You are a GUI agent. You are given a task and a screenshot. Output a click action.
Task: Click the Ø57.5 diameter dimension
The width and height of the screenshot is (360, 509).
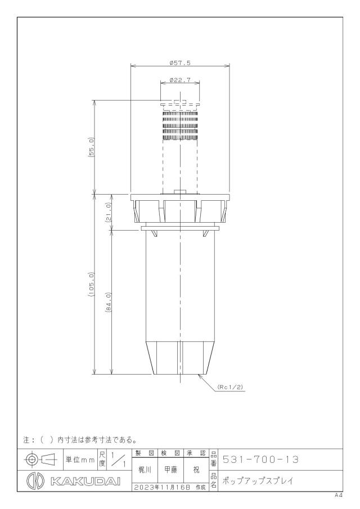point(180,64)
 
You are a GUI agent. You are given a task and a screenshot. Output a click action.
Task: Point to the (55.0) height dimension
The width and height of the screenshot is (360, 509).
point(91,147)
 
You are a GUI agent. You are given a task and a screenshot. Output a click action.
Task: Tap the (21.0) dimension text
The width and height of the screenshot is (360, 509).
point(109,212)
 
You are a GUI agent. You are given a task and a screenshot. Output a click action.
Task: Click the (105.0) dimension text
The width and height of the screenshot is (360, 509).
point(91,285)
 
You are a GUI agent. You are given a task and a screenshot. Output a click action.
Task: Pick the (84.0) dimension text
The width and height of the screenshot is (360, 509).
point(109,302)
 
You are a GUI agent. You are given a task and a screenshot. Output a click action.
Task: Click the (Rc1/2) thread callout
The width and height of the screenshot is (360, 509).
point(230,387)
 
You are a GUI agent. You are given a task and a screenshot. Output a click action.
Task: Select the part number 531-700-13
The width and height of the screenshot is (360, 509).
point(260,460)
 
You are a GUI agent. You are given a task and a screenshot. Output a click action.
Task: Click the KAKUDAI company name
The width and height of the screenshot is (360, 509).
point(85,481)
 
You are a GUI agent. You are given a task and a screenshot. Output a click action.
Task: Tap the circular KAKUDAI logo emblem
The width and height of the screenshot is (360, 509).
point(35,481)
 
